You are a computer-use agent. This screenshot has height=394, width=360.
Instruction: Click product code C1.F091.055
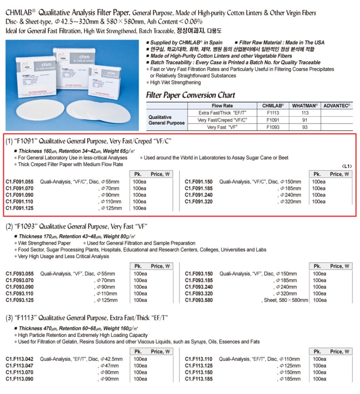[x=20, y=182]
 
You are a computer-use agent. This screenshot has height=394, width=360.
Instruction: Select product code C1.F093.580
[x=199, y=300]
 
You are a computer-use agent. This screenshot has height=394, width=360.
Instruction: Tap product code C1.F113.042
[x=20, y=359]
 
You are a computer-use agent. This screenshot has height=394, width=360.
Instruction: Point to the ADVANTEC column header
[x=337, y=106]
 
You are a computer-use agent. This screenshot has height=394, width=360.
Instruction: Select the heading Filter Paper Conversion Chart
[x=190, y=95]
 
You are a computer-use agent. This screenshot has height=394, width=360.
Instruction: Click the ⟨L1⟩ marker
[x=347, y=166]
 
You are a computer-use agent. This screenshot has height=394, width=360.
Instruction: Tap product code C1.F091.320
[x=199, y=202]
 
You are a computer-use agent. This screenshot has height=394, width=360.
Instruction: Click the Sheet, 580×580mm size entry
[x=285, y=300]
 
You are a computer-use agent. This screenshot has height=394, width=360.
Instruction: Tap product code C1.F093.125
[x=20, y=300]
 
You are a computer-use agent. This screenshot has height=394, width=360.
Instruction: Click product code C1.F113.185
[x=199, y=379]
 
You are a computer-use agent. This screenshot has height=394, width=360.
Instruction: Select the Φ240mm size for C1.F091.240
[x=290, y=195]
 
